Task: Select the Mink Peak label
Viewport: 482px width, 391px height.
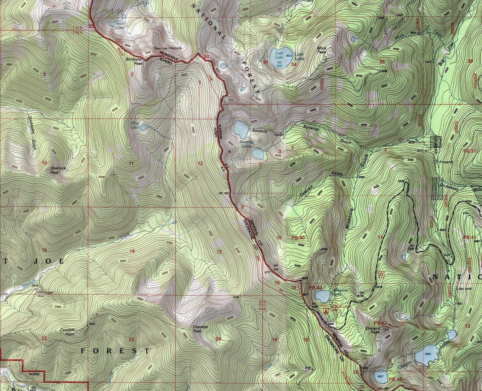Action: point(322,50)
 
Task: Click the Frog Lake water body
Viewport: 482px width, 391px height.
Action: point(143,127)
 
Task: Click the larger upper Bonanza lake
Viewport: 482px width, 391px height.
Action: point(241,130)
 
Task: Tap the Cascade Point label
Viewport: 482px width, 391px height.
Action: point(67,332)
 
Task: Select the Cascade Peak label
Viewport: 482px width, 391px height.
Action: point(200,329)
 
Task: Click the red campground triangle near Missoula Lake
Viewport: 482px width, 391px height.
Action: point(326,311)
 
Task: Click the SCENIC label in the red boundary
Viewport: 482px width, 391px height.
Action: point(35,373)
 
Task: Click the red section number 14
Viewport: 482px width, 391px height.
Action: point(132,251)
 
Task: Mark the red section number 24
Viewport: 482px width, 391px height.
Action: point(218,339)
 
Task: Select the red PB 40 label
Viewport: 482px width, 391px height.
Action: point(298,238)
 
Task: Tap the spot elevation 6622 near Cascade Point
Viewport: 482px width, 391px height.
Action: point(92,324)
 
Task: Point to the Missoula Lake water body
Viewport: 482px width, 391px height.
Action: point(323,296)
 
